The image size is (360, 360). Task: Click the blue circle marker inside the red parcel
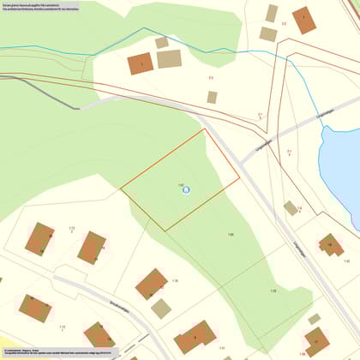pos(185,189)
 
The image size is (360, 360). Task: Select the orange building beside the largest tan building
pos(140,63)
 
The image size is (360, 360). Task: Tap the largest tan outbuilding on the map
pos(169,59)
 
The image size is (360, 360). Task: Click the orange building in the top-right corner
pos(303,20)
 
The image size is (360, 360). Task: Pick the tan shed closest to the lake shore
pos(291,207)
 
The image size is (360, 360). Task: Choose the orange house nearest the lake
pos(330,245)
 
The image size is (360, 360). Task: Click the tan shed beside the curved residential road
pos(160,308)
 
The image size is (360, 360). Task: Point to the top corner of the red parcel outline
pos(205,129)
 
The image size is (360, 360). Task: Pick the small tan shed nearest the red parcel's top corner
pos(212,97)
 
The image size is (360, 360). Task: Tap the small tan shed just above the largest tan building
pos(161,42)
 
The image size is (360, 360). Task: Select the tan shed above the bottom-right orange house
pos(314,319)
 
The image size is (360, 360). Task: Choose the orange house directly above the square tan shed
pos(152,283)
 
